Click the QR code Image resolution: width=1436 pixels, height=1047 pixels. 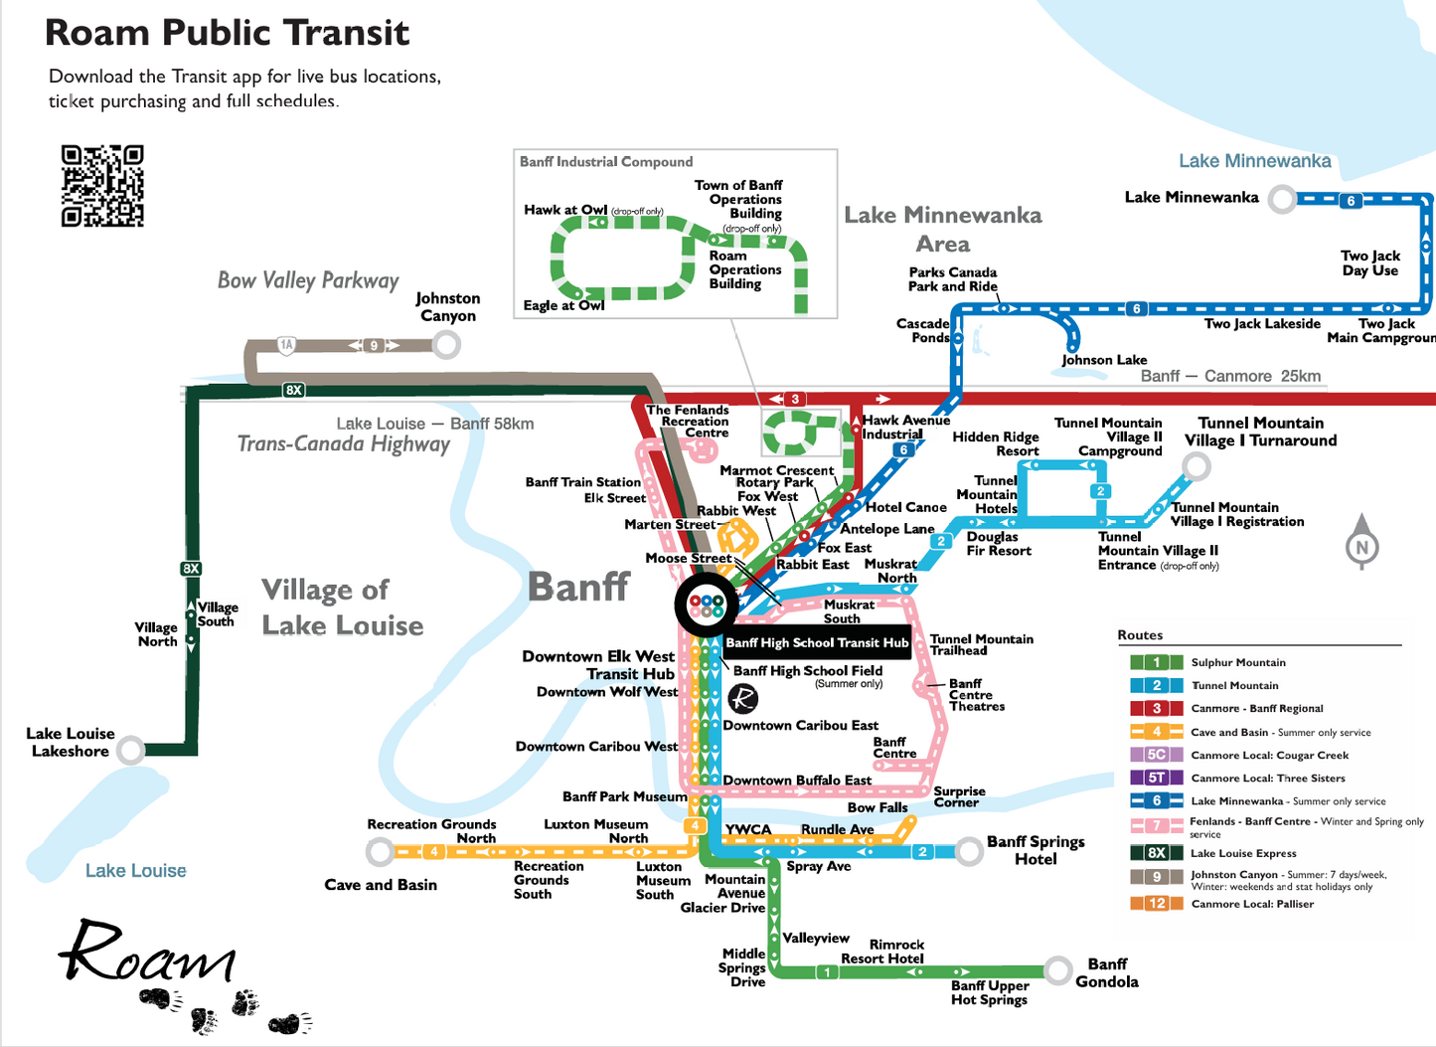pyautogui.click(x=102, y=186)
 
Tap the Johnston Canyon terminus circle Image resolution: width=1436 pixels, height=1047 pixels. pyautogui.click(x=446, y=345)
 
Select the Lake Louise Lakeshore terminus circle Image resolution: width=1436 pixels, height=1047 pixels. pyautogui.click(x=131, y=750)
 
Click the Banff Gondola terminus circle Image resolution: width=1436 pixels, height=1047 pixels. pyautogui.click(x=1057, y=970)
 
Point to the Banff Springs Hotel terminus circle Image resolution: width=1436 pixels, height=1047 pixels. pyautogui.click(x=969, y=851)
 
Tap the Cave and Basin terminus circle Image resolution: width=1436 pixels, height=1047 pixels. pyautogui.click(x=380, y=852)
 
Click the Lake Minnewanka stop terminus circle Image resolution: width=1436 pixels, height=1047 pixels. pyautogui.click(x=1283, y=199)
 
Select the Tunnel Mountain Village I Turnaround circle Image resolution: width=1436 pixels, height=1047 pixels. pyautogui.click(x=1197, y=465)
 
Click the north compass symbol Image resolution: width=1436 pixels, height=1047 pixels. pyautogui.click(x=1361, y=542)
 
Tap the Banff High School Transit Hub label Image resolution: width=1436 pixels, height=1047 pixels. pyautogui.click(x=817, y=643)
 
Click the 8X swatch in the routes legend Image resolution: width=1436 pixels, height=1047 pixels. pyautogui.click(x=1157, y=852)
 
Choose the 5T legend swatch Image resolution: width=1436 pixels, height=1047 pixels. pyautogui.click(x=1157, y=778)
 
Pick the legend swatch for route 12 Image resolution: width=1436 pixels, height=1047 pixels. pyautogui.click(x=1157, y=903)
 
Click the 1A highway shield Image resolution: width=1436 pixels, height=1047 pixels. pyautogui.click(x=286, y=345)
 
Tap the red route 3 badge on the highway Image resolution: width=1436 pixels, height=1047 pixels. pyautogui.click(x=795, y=399)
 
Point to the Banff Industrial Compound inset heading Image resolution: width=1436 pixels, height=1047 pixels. pyautogui.click(x=606, y=162)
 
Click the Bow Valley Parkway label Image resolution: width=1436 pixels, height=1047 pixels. pyautogui.click(x=308, y=281)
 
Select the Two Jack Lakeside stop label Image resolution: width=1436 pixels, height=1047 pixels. pyautogui.click(x=1262, y=323)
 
